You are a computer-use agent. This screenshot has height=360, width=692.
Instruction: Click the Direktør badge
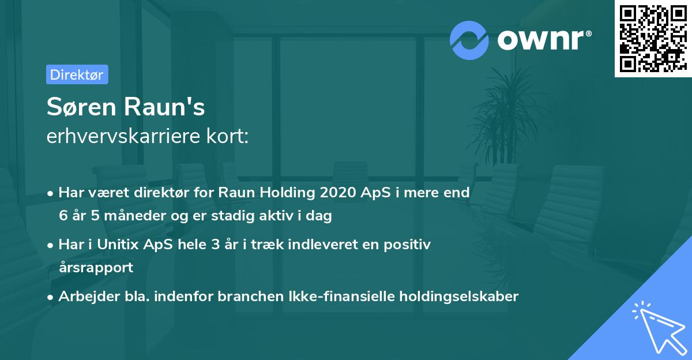click(77, 74)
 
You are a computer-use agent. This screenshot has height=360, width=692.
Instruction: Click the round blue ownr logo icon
click(469, 40)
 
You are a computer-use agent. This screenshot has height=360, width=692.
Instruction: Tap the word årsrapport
click(96, 268)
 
